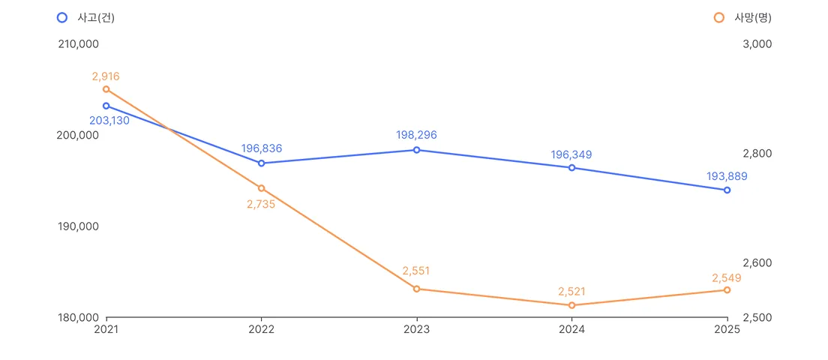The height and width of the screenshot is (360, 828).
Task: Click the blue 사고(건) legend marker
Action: click(61, 17)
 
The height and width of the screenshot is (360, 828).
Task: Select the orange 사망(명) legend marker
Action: click(718, 17)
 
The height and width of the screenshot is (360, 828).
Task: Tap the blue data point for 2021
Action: click(106, 106)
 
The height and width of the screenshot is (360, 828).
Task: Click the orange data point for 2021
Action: click(106, 89)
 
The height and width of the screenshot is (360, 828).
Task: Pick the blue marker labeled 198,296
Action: click(417, 150)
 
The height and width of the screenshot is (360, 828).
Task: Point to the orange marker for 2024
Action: click(572, 305)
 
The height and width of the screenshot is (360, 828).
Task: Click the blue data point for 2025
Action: click(727, 190)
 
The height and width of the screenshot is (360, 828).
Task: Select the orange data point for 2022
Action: click(262, 188)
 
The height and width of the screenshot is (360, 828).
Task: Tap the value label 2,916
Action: click(106, 76)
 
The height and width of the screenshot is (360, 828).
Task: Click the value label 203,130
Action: click(109, 120)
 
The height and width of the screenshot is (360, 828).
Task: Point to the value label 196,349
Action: click(572, 154)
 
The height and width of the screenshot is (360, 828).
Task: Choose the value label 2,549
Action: click(727, 277)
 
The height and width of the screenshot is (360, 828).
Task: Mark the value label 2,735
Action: click(261, 204)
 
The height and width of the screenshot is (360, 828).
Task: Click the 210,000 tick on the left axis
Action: click(78, 43)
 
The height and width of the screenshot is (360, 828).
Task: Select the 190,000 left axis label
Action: click(78, 226)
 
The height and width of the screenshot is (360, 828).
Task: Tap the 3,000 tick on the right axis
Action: click(757, 43)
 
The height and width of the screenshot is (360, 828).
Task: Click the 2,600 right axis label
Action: click(757, 262)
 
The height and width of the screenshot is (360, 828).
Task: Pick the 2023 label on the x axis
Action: click(417, 328)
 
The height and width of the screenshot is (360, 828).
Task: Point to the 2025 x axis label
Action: click(727, 328)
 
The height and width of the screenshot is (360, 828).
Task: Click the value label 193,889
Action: click(727, 176)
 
